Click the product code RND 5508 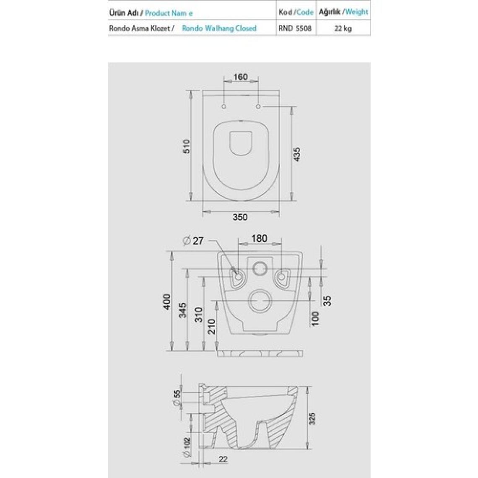point(295,29)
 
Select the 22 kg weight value point(343,29)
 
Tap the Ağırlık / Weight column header point(343,12)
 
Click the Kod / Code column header point(296,12)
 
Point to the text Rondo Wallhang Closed point(219,29)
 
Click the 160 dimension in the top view point(241,77)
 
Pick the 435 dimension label point(296,154)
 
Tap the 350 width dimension point(240,217)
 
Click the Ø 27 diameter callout point(193,241)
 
